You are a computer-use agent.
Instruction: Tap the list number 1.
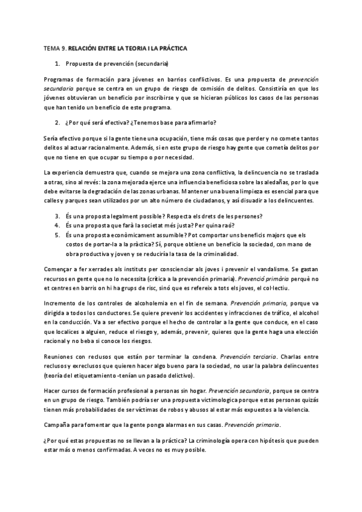[57, 63]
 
